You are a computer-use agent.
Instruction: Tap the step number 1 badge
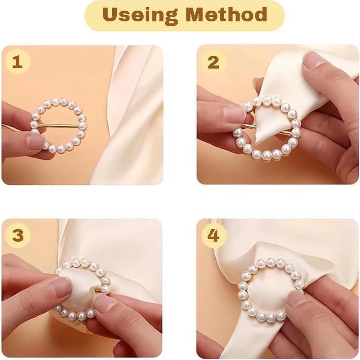coord(17,62)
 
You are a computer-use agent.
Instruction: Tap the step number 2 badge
coord(214,62)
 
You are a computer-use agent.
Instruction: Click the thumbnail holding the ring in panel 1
coord(36,142)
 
